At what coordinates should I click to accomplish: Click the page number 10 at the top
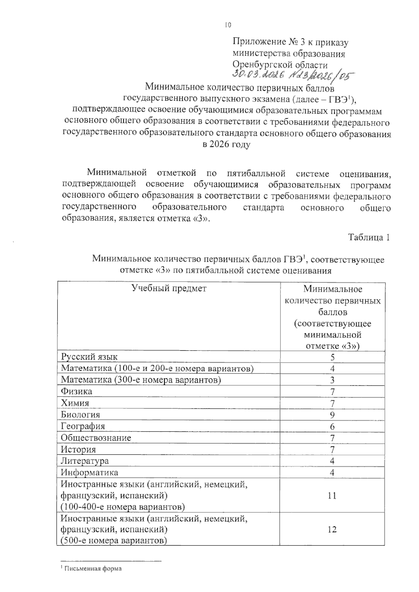pyautogui.click(x=228, y=25)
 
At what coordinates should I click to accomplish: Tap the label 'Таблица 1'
pyautogui.click(x=369, y=237)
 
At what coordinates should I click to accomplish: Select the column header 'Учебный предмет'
pyautogui.click(x=169, y=288)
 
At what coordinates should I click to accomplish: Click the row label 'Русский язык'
pyautogui.click(x=89, y=357)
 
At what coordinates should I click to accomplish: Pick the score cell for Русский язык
pyautogui.click(x=332, y=357)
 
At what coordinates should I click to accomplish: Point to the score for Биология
pyautogui.click(x=332, y=415)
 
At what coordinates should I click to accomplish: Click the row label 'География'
pyautogui.click(x=83, y=426)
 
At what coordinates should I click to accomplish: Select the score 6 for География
pyautogui.click(x=332, y=426)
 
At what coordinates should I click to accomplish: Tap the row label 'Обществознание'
pyautogui.click(x=96, y=438)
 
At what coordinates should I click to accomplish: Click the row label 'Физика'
pyautogui.click(x=76, y=391)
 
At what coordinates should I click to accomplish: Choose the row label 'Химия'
pyautogui.click(x=75, y=403)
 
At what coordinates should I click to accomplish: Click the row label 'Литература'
pyautogui.click(x=84, y=461)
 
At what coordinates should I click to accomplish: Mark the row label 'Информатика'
pyautogui.click(x=89, y=472)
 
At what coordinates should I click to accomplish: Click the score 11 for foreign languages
pyautogui.click(x=332, y=495)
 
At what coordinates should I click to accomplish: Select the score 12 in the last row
pyautogui.click(x=332, y=530)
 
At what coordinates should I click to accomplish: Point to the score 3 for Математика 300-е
pyautogui.click(x=332, y=380)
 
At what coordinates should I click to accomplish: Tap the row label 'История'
pyautogui.click(x=78, y=449)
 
